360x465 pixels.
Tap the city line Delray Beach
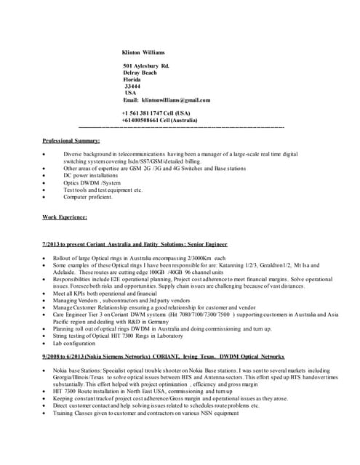140,73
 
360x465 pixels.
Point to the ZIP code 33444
133,86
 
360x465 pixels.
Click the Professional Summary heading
71,140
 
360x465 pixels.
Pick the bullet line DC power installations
91,176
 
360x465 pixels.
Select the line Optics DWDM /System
92,182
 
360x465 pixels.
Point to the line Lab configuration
84,342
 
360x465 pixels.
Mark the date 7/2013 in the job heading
53,245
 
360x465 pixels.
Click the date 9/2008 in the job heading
53,356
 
